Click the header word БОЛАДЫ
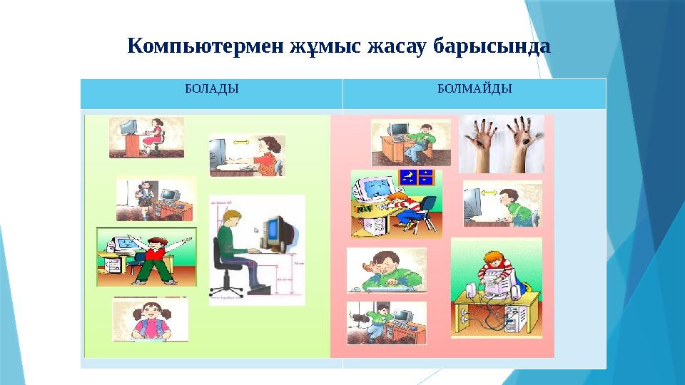pos(211,89)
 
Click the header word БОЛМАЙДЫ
pos(474,89)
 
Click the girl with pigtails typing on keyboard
pos(150,318)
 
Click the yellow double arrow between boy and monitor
pos(488,192)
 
